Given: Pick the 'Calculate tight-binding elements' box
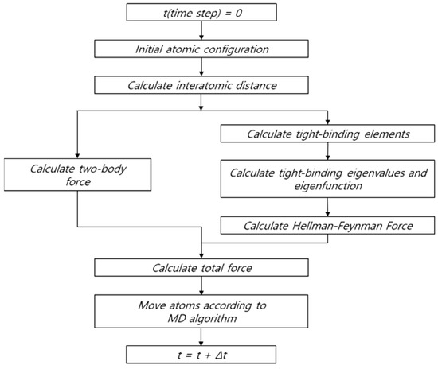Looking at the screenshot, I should [329, 133].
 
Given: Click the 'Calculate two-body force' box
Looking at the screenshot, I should [77, 173].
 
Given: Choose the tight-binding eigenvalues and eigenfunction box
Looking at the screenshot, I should [329, 179].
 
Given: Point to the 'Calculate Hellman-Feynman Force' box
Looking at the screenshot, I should [329, 225].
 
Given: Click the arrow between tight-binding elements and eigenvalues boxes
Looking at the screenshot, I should [329, 151].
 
